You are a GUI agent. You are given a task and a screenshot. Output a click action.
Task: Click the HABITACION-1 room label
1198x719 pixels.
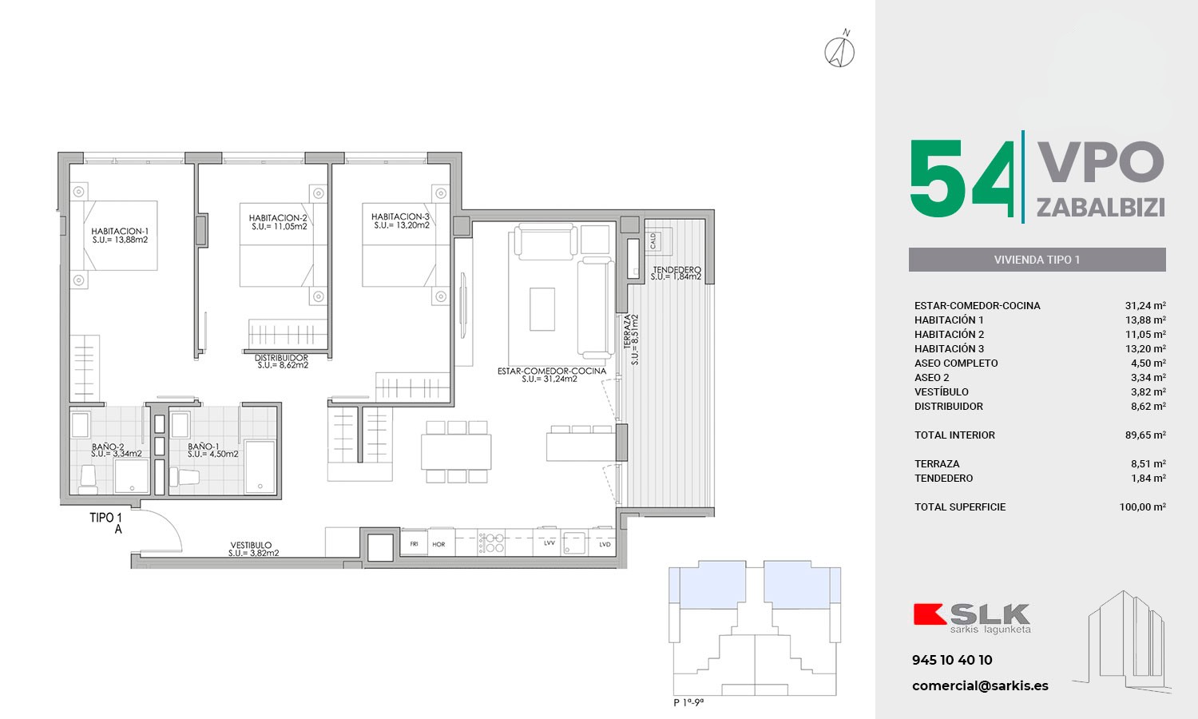(120, 231)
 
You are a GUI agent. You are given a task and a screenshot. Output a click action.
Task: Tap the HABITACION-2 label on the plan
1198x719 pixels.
(278, 218)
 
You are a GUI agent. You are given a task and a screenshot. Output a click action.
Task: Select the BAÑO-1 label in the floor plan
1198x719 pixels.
(203, 446)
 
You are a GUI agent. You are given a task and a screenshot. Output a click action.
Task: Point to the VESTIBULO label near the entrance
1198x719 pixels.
(251, 545)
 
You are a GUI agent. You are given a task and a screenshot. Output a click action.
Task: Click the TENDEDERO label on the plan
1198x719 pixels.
(676, 270)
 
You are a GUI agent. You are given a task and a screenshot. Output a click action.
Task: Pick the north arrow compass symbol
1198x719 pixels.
(839, 50)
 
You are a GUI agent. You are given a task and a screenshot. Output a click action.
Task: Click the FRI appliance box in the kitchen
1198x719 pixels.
(414, 544)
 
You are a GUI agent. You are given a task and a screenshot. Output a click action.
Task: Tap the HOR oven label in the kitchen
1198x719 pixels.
(438, 545)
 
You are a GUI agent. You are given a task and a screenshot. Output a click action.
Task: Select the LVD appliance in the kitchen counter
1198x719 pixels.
(605, 545)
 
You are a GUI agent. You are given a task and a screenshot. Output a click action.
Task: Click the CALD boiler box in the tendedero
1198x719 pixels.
(653, 240)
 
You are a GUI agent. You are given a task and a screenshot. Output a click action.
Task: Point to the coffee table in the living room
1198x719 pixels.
(542, 309)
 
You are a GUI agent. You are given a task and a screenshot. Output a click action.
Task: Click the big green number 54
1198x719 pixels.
(962, 179)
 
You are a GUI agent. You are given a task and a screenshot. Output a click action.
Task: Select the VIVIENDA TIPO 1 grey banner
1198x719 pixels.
(1037, 260)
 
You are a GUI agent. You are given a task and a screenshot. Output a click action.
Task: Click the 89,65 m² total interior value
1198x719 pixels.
(1145, 435)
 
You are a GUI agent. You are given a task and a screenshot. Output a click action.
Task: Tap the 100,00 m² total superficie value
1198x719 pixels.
(1142, 506)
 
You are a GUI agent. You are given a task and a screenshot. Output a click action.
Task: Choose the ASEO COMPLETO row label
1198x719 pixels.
(956, 363)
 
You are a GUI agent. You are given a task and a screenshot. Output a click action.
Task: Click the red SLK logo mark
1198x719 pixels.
(930, 614)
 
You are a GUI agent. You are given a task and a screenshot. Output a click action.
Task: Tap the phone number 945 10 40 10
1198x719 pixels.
(952, 660)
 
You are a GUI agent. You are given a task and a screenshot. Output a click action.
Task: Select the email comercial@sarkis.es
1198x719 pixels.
(980, 685)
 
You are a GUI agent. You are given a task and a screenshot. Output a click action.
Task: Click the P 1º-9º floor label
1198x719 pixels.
(688, 702)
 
